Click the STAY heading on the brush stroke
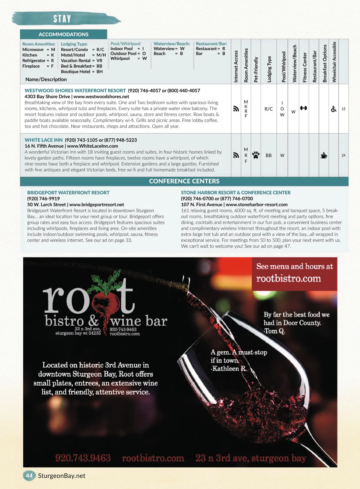point(62,19)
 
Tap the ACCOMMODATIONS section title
point(63,34)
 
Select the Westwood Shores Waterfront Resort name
point(75,91)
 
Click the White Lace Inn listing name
point(43,140)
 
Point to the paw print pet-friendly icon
point(256,155)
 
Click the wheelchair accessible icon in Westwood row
point(334,109)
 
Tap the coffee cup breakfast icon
point(324,155)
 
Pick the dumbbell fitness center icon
point(304,108)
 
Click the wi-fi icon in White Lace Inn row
point(236,155)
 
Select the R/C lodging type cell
point(268,109)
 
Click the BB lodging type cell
point(268,155)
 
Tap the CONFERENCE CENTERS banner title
point(184,181)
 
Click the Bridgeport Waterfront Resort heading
point(68,192)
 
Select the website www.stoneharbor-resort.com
point(256,204)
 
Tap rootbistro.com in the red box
point(288,279)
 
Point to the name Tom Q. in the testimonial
point(274,331)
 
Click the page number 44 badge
point(29,476)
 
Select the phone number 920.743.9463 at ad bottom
point(83,458)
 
